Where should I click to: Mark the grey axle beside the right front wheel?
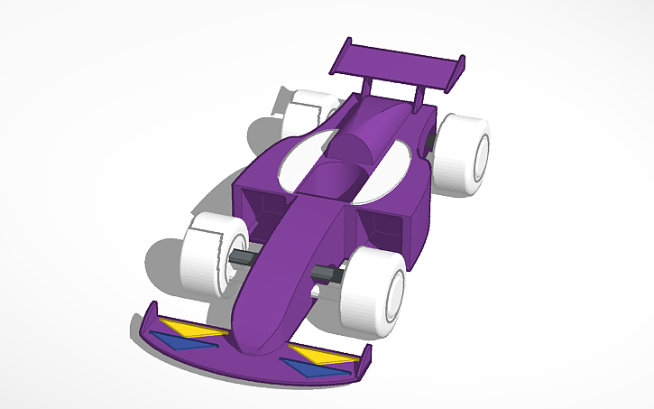click(x=326, y=274)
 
